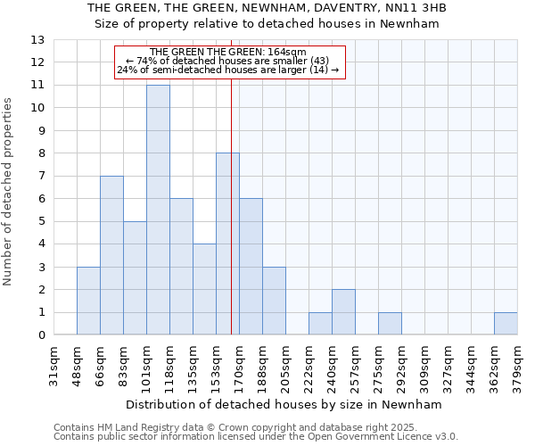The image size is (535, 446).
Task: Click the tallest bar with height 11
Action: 158,210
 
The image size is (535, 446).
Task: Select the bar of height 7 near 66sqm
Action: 111,255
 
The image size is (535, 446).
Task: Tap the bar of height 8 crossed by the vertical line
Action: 227,244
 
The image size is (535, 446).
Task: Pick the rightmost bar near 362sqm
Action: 506,324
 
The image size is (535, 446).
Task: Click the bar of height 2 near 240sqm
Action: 343,312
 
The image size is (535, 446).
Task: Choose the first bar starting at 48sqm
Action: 88,301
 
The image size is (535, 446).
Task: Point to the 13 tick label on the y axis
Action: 37,40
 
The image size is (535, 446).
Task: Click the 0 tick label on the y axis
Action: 41,335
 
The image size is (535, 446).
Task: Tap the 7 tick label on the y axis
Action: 41,177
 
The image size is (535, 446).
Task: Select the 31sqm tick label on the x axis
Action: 53,363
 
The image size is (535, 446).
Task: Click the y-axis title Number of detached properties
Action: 9,192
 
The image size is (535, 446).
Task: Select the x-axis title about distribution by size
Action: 284,404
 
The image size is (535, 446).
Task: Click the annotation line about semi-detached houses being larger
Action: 228,70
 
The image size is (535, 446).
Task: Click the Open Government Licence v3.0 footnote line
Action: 256,437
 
